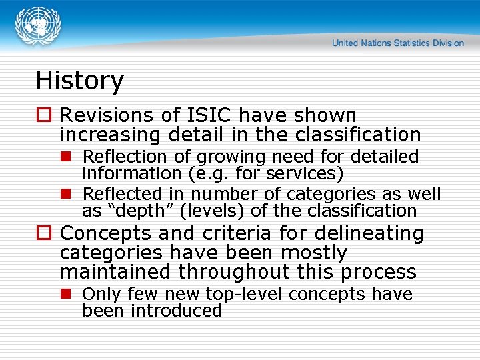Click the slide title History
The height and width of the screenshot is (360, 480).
(x=79, y=81)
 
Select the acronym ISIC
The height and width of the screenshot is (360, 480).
(x=210, y=115)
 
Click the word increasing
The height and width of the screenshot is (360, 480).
(x=110, y=135)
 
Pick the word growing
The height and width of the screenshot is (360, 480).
(x=220, y=157)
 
